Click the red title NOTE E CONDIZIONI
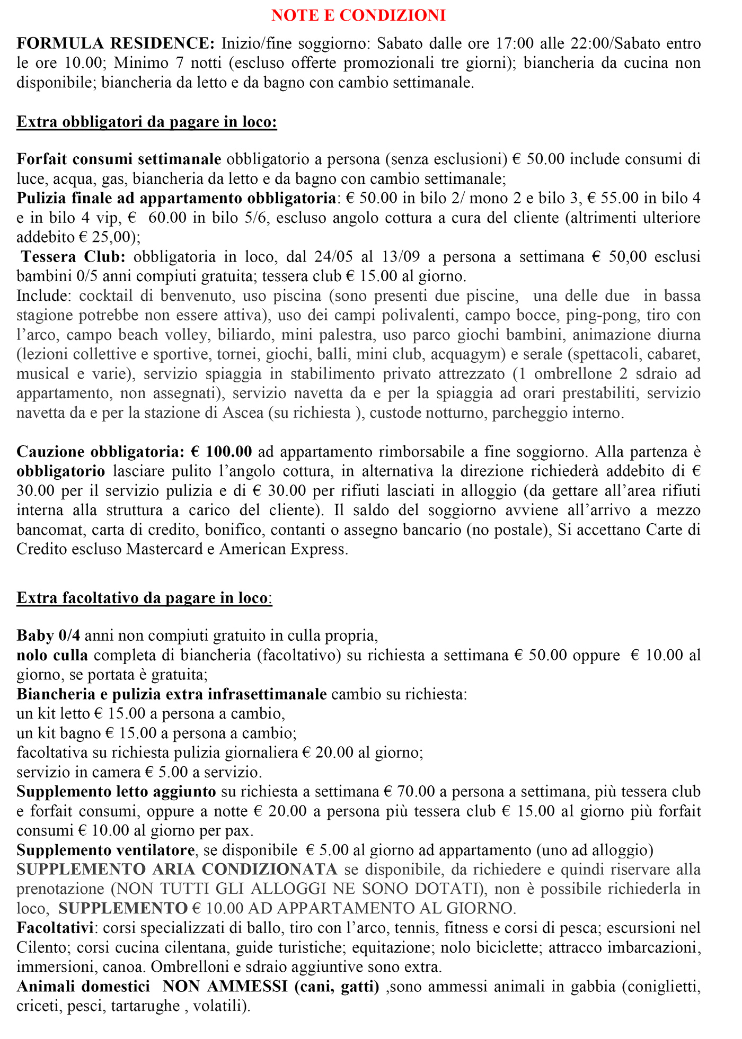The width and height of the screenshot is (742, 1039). pyautogui.click(x=358, y=15)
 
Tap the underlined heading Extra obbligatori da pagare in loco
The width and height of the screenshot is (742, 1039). pyautogui.click(x=147, y=122)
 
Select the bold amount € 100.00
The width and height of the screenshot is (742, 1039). pyautogui.click(x=222, y=452)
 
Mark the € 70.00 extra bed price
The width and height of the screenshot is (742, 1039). pyautogui.click(x=409, y=792)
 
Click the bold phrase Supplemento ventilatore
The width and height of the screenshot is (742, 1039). pyautogui.click(x=105, y=850)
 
